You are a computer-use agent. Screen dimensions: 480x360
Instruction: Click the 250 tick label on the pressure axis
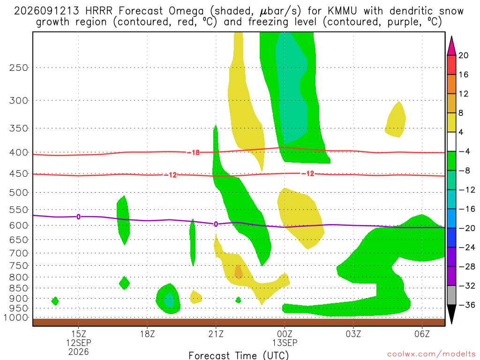[x=19, y=67]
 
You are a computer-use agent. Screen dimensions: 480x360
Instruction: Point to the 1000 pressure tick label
[x=16, y=318]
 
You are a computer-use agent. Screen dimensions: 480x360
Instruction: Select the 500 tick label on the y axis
[x=19, y=193]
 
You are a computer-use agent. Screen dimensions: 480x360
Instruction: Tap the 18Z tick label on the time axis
[x=147, y=334]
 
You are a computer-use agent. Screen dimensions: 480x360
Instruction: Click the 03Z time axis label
[x=353, y=334]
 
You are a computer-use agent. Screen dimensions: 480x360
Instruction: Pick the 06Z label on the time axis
[x=422, y=334]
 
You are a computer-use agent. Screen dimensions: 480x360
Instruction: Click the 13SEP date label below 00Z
[x=285, y=343]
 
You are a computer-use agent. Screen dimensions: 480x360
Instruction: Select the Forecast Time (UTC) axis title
[x=239, y=355]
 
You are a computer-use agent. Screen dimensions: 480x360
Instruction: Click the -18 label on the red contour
[x=194, y=152]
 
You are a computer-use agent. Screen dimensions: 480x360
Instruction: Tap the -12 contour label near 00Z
[x=308, y=174]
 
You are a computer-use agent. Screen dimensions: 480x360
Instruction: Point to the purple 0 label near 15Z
[x=79, y=217]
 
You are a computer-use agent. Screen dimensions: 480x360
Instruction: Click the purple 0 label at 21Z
[x=216, y=224]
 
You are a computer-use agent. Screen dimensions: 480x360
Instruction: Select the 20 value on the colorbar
[x=463, y=55]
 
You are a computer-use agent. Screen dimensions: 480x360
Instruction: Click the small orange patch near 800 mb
[x=239, y=272]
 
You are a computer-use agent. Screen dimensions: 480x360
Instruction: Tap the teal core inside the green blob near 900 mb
[x=169, y=300]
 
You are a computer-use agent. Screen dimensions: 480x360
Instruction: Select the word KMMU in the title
[x=342, y=11]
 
